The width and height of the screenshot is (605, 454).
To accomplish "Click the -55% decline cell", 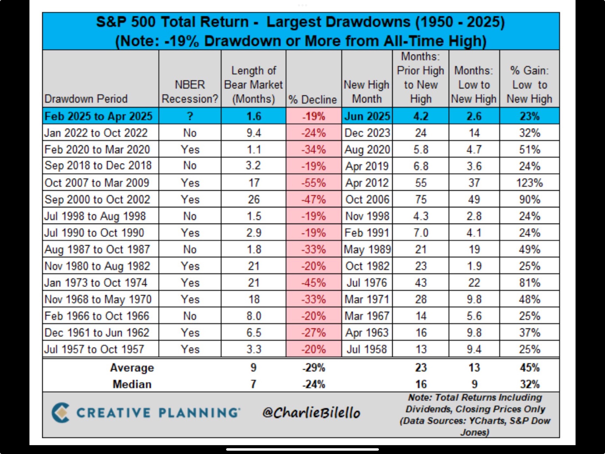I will tap(313, 183).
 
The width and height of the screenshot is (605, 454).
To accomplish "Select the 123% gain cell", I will tap(529, 183).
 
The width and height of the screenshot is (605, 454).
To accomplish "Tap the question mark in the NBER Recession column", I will tap(190, 116).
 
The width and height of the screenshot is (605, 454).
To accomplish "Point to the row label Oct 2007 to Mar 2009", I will tap(97, 183).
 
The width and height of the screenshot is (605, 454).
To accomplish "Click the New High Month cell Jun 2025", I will tap(367, 116).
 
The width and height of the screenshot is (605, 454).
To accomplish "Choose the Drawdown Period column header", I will tap(86, 99).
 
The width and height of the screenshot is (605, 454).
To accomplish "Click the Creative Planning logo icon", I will tap(60, 412).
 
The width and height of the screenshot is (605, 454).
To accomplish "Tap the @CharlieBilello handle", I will tap(311, 413).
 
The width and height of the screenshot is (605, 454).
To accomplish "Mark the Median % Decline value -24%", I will tap(313, 384).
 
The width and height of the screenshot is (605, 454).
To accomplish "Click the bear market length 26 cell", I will tap(254, 199).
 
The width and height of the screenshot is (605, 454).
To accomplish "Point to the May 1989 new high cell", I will tap(367, 249).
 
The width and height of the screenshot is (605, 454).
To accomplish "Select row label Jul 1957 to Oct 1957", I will tap(94, 349).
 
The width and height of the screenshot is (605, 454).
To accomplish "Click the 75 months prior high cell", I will tap(421, 199).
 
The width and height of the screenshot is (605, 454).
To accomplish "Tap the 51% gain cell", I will tap(529, 149).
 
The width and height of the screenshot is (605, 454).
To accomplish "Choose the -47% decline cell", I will tap(313, 199).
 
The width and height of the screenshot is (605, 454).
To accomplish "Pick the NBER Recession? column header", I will tap(190, 92).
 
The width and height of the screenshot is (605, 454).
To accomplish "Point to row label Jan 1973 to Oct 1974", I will tap(96, 283).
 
